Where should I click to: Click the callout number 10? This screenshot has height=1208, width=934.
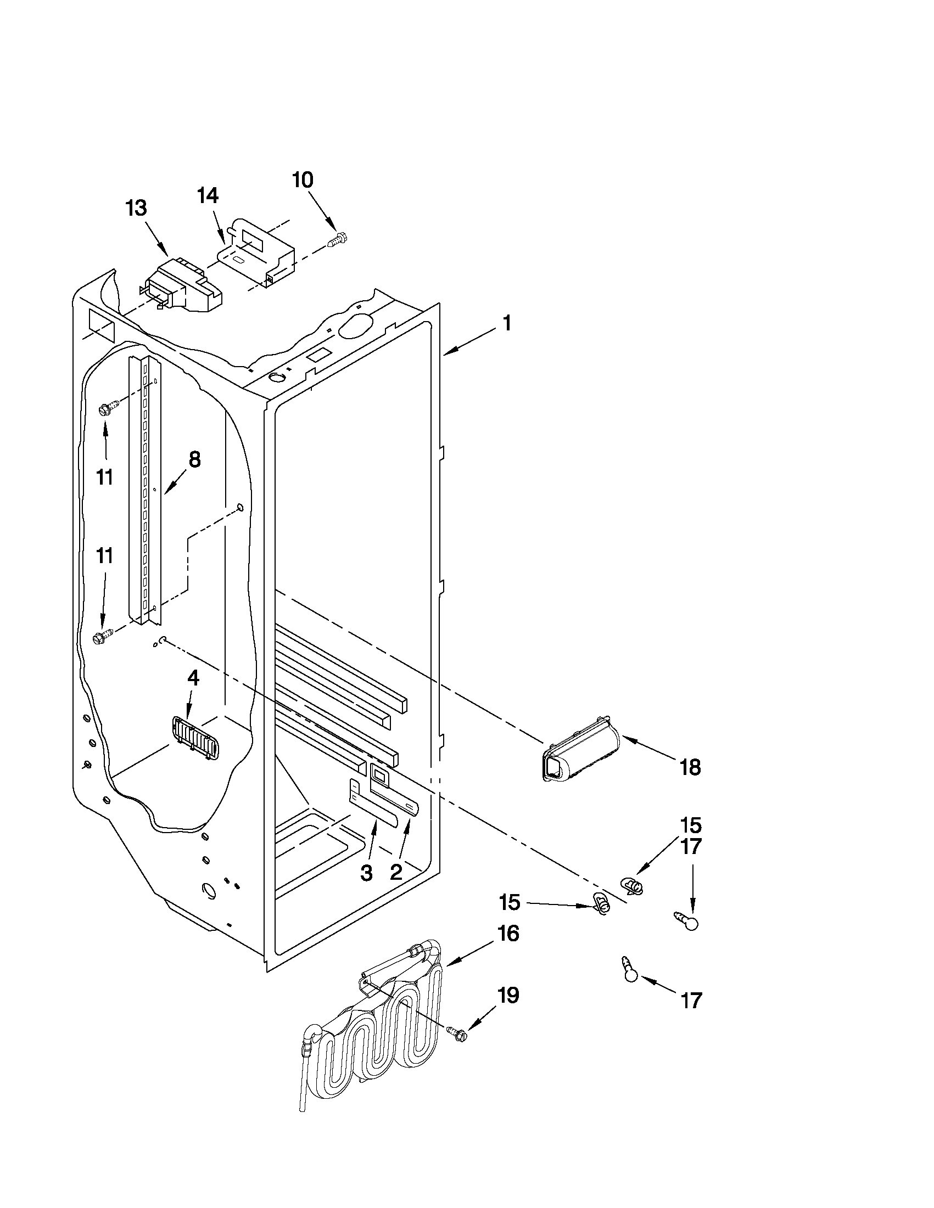[x=303, y=181]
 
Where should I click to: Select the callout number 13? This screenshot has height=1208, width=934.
[x=136, y=209]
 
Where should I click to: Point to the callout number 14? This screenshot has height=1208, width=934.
[x=208, y=196]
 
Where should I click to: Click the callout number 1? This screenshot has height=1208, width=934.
[x=506, y=324]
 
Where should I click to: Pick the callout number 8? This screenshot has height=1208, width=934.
[x=194, y=459]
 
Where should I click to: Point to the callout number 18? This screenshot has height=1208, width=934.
[x=690, y=767]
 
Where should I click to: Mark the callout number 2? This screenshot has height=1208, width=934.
[x=396, y=872]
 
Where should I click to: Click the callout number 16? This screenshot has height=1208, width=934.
[x=508, y=934]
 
